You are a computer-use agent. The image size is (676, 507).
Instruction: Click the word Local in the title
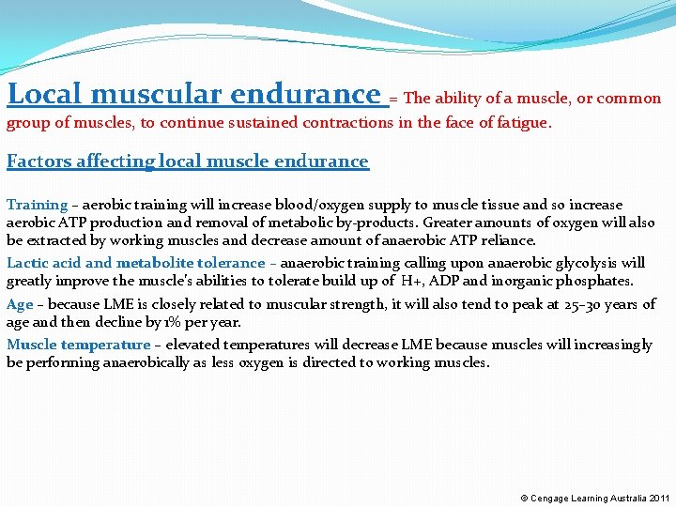pos(46,94)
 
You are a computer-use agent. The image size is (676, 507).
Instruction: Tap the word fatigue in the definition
pos(521,123)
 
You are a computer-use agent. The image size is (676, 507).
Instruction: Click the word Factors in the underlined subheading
pos(38,161)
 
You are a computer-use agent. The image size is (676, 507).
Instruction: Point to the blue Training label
pos(37,205)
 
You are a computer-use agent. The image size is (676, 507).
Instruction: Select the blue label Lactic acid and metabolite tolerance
pos(136,263)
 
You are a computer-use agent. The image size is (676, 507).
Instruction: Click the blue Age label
pos(20,304)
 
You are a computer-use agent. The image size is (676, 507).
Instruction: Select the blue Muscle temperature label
pos(78,345)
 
